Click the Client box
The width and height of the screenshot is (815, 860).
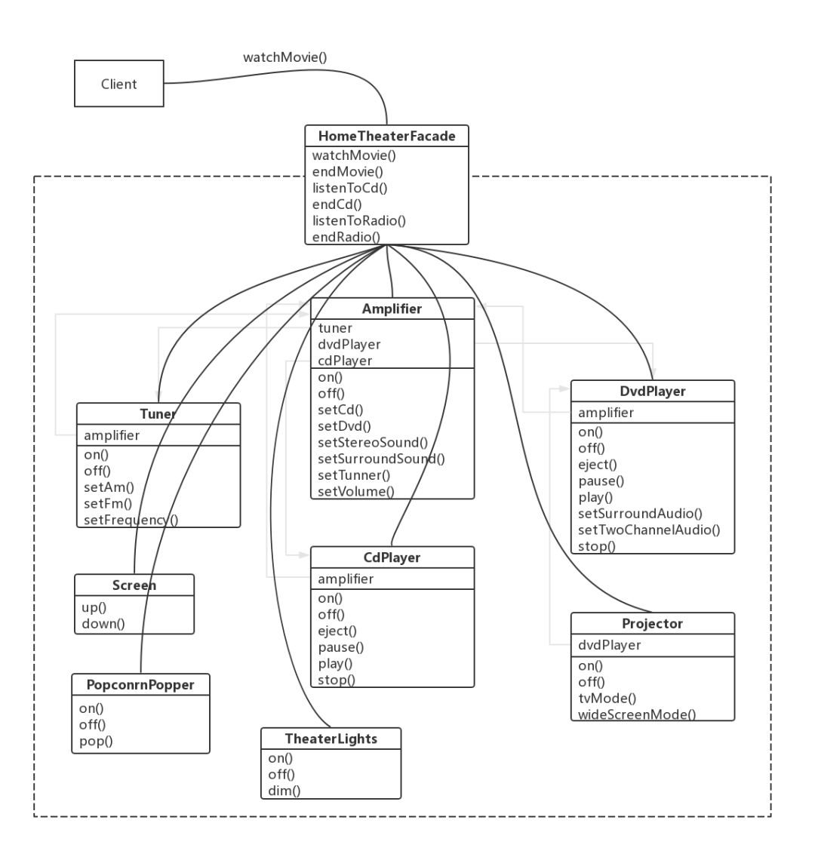(119, 84)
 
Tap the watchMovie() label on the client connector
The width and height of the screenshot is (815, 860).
(284, 57)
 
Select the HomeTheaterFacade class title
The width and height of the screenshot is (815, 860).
(387, 136)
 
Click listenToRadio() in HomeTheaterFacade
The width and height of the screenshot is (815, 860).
(359, 220)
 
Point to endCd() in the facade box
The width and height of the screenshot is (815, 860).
(337, 204)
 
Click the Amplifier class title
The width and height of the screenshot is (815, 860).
(392, 309)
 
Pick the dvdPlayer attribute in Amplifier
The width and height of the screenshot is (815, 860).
(349, 345)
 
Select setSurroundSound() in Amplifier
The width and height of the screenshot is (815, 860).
(381, 459)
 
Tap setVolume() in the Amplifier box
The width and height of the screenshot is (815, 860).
(356, 491)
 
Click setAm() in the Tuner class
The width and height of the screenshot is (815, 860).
(109, 487)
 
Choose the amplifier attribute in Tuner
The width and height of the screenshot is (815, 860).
(112, 435)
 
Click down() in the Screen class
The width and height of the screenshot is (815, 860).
(103, 624)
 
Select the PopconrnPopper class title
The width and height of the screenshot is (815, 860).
(140, 685)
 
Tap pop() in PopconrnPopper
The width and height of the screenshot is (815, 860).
(96, 741)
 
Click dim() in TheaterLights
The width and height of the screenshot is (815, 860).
(284, 791)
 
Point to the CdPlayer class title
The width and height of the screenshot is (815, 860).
(392, 557)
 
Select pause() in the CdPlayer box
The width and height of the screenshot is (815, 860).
(341, 647)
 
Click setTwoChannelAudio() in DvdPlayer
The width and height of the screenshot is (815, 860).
(649, 530)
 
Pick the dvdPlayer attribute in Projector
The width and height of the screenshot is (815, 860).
(609, 645)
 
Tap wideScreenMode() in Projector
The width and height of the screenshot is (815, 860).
(637, 714)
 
